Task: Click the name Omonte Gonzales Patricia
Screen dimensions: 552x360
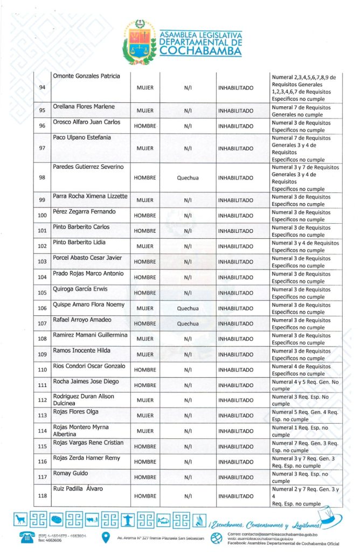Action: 86,76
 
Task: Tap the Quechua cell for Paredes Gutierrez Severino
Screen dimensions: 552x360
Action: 188,178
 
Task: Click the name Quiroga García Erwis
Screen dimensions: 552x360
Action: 80,289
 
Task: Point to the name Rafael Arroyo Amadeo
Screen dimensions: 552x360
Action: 82,320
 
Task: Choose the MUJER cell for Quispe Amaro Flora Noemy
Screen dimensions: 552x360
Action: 145,308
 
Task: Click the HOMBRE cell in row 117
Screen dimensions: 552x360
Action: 145,477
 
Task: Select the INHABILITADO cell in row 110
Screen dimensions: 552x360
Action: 236,370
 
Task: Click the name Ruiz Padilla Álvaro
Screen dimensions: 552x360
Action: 78,489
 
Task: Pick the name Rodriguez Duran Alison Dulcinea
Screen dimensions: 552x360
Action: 84,399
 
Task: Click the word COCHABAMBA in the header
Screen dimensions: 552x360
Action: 199,51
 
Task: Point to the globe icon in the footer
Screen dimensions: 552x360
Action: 216,538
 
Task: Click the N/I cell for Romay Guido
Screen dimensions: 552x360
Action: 188,477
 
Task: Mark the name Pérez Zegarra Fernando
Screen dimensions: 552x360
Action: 84,212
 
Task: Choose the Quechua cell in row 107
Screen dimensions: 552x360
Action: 188,324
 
